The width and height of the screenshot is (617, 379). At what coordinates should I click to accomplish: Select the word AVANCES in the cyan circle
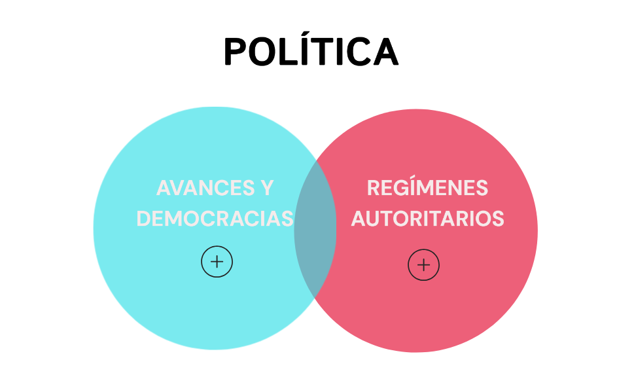pyautogui.click(x=205, y=188)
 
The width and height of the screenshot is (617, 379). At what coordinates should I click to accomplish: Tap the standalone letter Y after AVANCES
pyautogui.click(x=267, y=188)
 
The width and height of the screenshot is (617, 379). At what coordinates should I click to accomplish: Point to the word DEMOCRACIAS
pyautogui.click(x=215, y=219)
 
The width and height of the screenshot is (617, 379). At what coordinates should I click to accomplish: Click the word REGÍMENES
pyautogui.click(x=427, y=187)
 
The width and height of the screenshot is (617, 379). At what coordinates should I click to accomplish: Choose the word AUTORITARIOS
pyautogui.click(x=427, y=219)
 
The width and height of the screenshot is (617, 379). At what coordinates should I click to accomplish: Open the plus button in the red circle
pyautogui.click(x=423, y=265)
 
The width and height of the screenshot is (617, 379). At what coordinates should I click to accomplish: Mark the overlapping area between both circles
pyautogui.click(x=315, y=228)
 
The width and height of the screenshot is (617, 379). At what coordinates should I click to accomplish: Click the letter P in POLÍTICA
pyautogui.click(x=236, y=52)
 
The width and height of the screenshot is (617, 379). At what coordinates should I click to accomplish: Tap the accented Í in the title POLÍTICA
pyautogui.click(x=306, y=48)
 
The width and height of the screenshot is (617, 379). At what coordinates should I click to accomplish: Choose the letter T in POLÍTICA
pyautogui.click(x=324, y=52)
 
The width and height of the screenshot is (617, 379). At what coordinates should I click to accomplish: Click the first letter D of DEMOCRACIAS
pyautogui.click(x=144, y=219)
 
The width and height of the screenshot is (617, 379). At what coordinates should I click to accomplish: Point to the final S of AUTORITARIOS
pyautogui.click(x=498, y=219)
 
